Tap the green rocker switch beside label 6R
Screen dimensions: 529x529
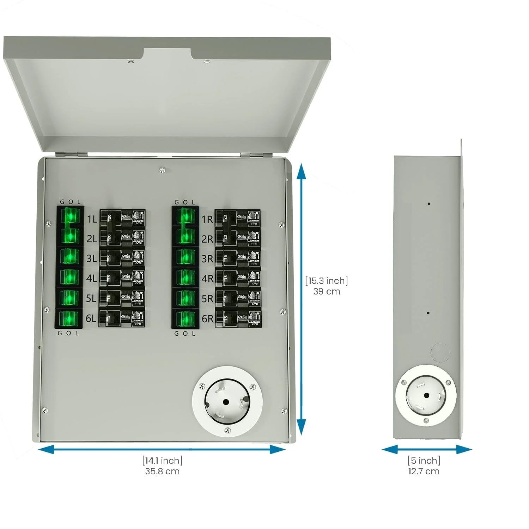pos(185,319)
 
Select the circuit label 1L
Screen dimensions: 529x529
pos(92,219)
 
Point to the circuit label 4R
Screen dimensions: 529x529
pos(207,279)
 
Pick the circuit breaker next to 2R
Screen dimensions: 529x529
pos(238,239)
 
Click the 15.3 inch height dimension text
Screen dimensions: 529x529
pos(327,281)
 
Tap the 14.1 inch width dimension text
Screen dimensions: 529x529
pos(162,460)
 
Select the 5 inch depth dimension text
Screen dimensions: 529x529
pos(424,460)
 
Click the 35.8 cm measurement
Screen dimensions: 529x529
pos(162,472)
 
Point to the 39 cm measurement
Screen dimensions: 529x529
pos(327,292)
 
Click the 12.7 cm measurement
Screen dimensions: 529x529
pos(424,472)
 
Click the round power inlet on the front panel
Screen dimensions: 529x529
pos(227,402)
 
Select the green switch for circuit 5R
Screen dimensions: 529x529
pos(185,298)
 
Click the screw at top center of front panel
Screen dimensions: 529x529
pos(162,170)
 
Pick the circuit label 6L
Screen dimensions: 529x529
pos(91,318)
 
